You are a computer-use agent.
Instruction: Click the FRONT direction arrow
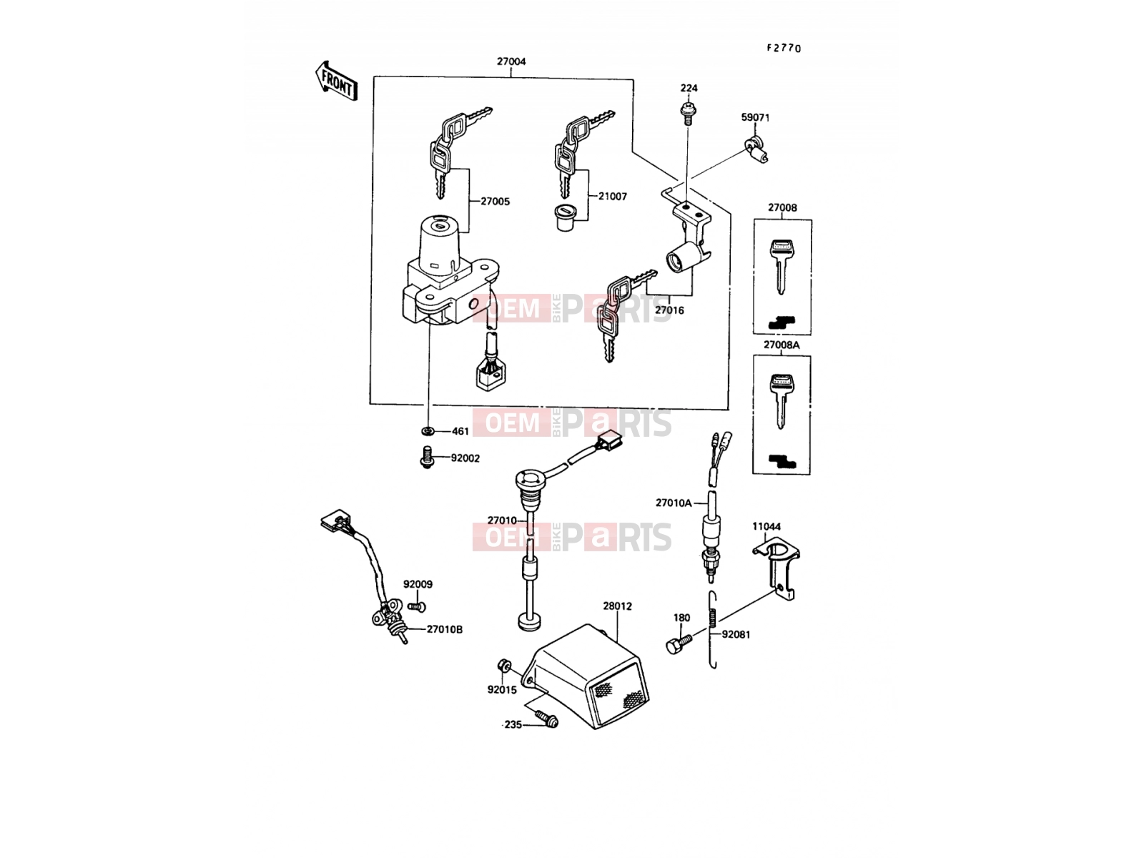(337, 82)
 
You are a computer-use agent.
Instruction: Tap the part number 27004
(511, 61)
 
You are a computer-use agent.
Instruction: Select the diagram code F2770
(784, 48)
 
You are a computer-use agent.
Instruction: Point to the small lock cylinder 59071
(756, 149)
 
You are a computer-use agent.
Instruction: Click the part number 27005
(495, 201)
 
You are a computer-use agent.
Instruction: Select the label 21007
(612, 197)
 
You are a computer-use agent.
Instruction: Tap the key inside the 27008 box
(781, 266)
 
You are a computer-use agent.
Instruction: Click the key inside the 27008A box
(781, 401)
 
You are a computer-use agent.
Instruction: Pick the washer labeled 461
(428, 431)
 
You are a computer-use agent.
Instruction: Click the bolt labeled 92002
(427, 457)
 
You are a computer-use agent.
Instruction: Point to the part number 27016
(669, 310)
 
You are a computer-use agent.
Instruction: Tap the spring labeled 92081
(712, 631)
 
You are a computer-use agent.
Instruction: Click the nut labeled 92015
(503, 665)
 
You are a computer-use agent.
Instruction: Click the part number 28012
(618, 606)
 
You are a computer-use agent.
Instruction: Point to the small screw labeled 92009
(417, 606)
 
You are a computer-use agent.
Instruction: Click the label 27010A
(674, 503)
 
